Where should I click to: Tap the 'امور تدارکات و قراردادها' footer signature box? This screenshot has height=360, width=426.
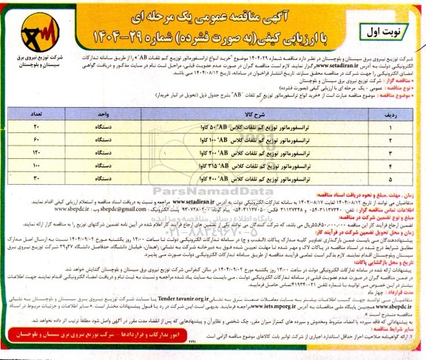pos(104,347)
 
